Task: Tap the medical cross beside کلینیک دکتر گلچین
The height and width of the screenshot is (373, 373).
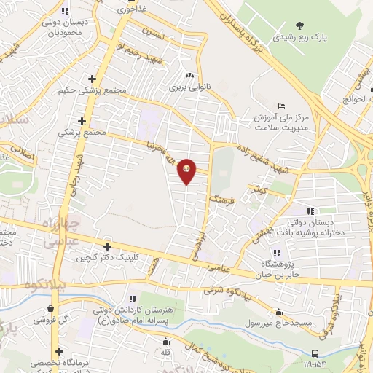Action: coord(108,247)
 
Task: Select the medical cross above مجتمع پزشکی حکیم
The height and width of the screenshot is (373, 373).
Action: coord(92,79)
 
